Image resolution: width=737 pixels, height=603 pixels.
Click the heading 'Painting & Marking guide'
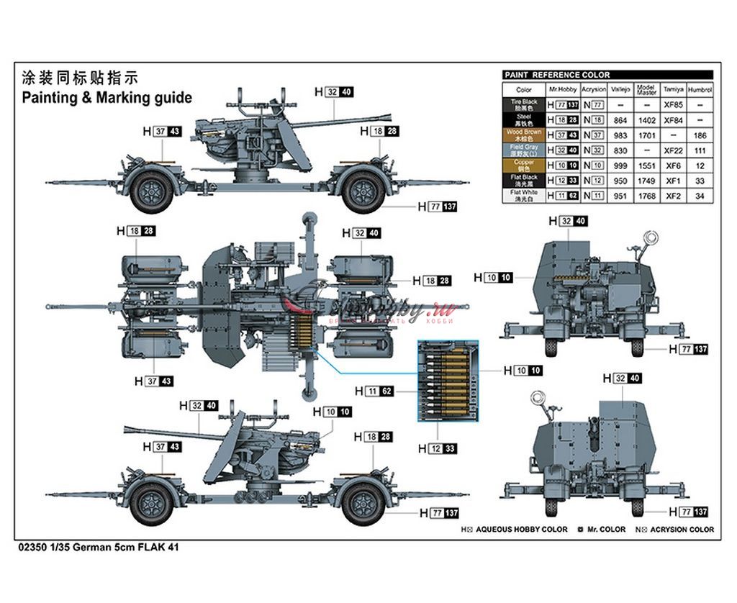point(107,97)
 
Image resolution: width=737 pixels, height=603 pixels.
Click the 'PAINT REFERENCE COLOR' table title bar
point(607,75)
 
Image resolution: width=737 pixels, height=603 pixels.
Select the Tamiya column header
point(673,90)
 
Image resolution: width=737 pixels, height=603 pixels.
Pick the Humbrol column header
point(700,90)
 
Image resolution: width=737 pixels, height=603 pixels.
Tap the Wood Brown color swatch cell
point(524,135)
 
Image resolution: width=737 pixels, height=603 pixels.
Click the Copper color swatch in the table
point(524,166)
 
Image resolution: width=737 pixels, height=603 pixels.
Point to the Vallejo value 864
point(620,120)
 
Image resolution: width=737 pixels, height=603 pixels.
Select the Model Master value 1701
point(647,135)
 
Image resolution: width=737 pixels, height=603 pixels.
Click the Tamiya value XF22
point(673,150)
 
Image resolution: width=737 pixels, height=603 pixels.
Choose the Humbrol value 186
point(700,135)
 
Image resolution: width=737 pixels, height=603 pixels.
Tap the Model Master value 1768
point(647,196)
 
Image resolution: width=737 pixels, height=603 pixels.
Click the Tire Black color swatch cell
point(524,105)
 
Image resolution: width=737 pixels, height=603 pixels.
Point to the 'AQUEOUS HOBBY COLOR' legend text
point(521,530)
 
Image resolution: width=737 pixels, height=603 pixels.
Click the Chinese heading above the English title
point(79,78)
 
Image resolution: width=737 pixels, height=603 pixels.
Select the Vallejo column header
point(620,90)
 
